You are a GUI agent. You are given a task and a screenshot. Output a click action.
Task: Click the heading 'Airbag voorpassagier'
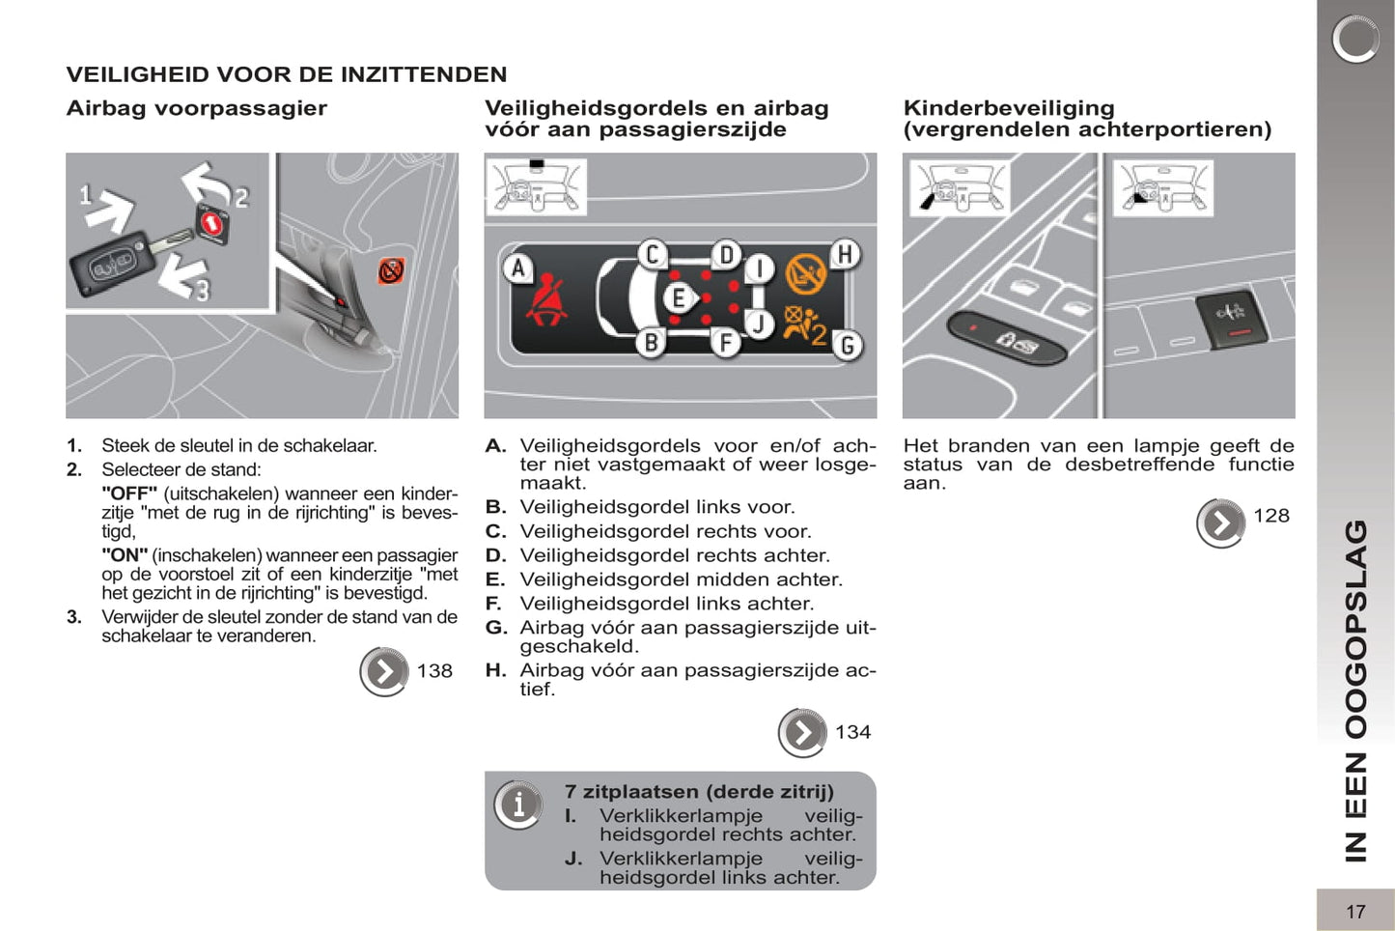[x=196, y=108]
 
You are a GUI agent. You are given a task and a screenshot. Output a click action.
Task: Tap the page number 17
[x=1355, y=911]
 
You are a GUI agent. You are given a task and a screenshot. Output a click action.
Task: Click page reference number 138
[x=434, y=671]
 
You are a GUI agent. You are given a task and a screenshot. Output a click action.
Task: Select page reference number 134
[x=852, y=732]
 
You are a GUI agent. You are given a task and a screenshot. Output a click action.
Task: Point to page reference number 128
[x=1271, y=516]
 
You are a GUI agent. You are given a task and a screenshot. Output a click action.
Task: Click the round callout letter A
[x=518, y=268]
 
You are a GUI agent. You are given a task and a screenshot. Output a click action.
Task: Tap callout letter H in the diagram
[x=845, y=255]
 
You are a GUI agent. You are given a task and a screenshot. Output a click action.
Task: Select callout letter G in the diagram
[x=847, y=345]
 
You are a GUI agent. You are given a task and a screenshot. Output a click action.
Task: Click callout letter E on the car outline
[x=678, y=298]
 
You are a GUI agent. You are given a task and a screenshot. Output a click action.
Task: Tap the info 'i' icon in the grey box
[x=518, y=804]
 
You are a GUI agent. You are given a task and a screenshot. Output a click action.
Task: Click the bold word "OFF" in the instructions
[x=129, y=494]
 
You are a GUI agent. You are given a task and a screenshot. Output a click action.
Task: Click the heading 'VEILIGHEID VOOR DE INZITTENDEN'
[x=286, y=74]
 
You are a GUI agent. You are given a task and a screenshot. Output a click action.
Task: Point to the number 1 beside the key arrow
[x=86, y=196]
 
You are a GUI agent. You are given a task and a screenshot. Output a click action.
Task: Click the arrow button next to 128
[x=1220, y=523]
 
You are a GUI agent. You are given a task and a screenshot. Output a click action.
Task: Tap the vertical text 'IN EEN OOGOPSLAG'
[x=1355, y=691]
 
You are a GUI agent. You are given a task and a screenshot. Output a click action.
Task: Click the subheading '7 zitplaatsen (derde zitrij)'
[x=699, y=792]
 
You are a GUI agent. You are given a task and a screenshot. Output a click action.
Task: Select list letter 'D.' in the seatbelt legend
[x=495, y=555]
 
